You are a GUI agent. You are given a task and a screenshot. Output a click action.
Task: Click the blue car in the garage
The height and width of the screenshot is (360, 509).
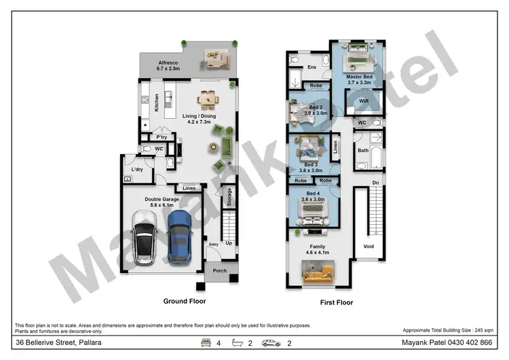coord(179,237)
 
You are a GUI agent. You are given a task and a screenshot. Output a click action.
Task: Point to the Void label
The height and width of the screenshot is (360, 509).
coord(369,247)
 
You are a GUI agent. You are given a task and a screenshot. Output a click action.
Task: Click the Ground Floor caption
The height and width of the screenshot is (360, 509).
coord(185,300)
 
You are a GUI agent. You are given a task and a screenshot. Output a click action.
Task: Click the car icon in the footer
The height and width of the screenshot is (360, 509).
coord(271,343)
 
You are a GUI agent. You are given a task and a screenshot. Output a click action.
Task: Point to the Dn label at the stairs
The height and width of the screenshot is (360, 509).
coord(375,182)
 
